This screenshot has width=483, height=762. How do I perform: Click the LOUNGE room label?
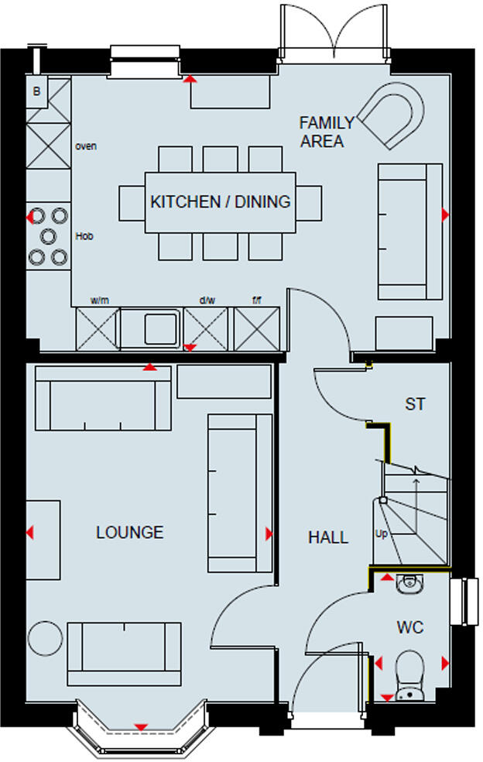click(129, 532)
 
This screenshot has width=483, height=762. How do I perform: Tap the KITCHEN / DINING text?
click(220, 201)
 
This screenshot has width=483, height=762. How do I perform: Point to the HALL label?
click(328, 537)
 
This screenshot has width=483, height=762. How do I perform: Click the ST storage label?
click(415, 404)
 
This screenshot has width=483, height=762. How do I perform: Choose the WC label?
click(410, 627)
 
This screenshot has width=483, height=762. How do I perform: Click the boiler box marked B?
click(36, 92)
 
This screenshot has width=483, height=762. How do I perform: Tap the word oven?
click(86, 146)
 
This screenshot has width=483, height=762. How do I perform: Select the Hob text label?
click(84, 235)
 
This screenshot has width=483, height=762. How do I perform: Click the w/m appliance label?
click(98, 300)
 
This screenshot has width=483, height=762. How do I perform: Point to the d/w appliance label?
click(207, 300)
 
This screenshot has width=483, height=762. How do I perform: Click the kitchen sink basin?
click(161, 328)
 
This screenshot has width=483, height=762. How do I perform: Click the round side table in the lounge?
click(45, 638)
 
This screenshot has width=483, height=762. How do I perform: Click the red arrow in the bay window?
click(141, 726)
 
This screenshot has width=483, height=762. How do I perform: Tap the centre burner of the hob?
click(48, 235)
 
